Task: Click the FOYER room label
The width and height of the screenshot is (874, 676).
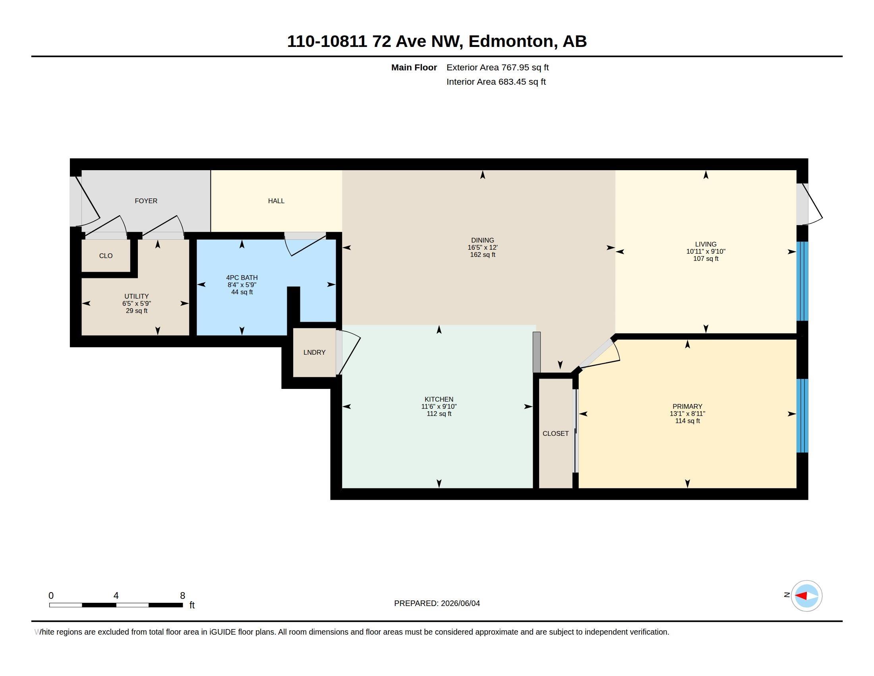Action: click(146, 201)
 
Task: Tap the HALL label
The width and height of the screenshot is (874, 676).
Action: click(276, 201)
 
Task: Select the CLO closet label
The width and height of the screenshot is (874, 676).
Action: click(106, 256)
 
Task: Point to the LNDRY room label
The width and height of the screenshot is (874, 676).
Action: click(314, 352)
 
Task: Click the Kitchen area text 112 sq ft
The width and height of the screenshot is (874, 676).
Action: click(439, 414)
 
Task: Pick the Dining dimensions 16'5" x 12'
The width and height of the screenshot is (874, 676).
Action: click(483, 247)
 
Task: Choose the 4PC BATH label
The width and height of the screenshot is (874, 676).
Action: click(242, 278)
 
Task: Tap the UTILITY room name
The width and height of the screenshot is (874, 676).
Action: click(136, 296)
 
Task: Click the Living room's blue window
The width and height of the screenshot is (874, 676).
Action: click(802, 281)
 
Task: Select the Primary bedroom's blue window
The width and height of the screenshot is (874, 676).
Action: click(802, 416)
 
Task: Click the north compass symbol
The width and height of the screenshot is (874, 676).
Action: click(806, 596)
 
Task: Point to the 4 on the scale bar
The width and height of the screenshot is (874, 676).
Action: click(116, 596)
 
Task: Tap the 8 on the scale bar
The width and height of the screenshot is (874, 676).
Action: click(182, 596)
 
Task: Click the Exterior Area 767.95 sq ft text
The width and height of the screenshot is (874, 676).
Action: click(497, 67)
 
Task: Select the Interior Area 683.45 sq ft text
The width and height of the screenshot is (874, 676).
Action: click(496, 82)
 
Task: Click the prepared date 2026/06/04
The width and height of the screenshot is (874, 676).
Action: click(460, 603)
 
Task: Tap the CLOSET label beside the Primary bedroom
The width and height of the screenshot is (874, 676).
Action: click(555, 433)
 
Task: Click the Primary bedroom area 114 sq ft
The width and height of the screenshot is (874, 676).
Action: click(688, 421)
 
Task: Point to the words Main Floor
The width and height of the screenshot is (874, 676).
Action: click(414, 67)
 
